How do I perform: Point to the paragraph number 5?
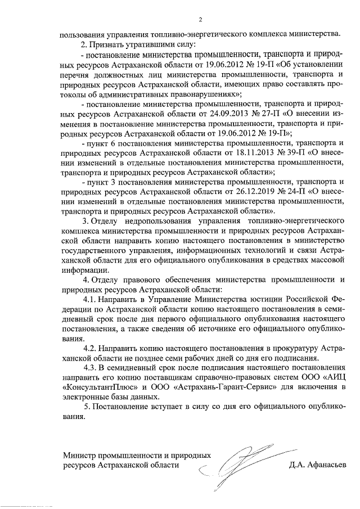[x=86, y=407]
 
